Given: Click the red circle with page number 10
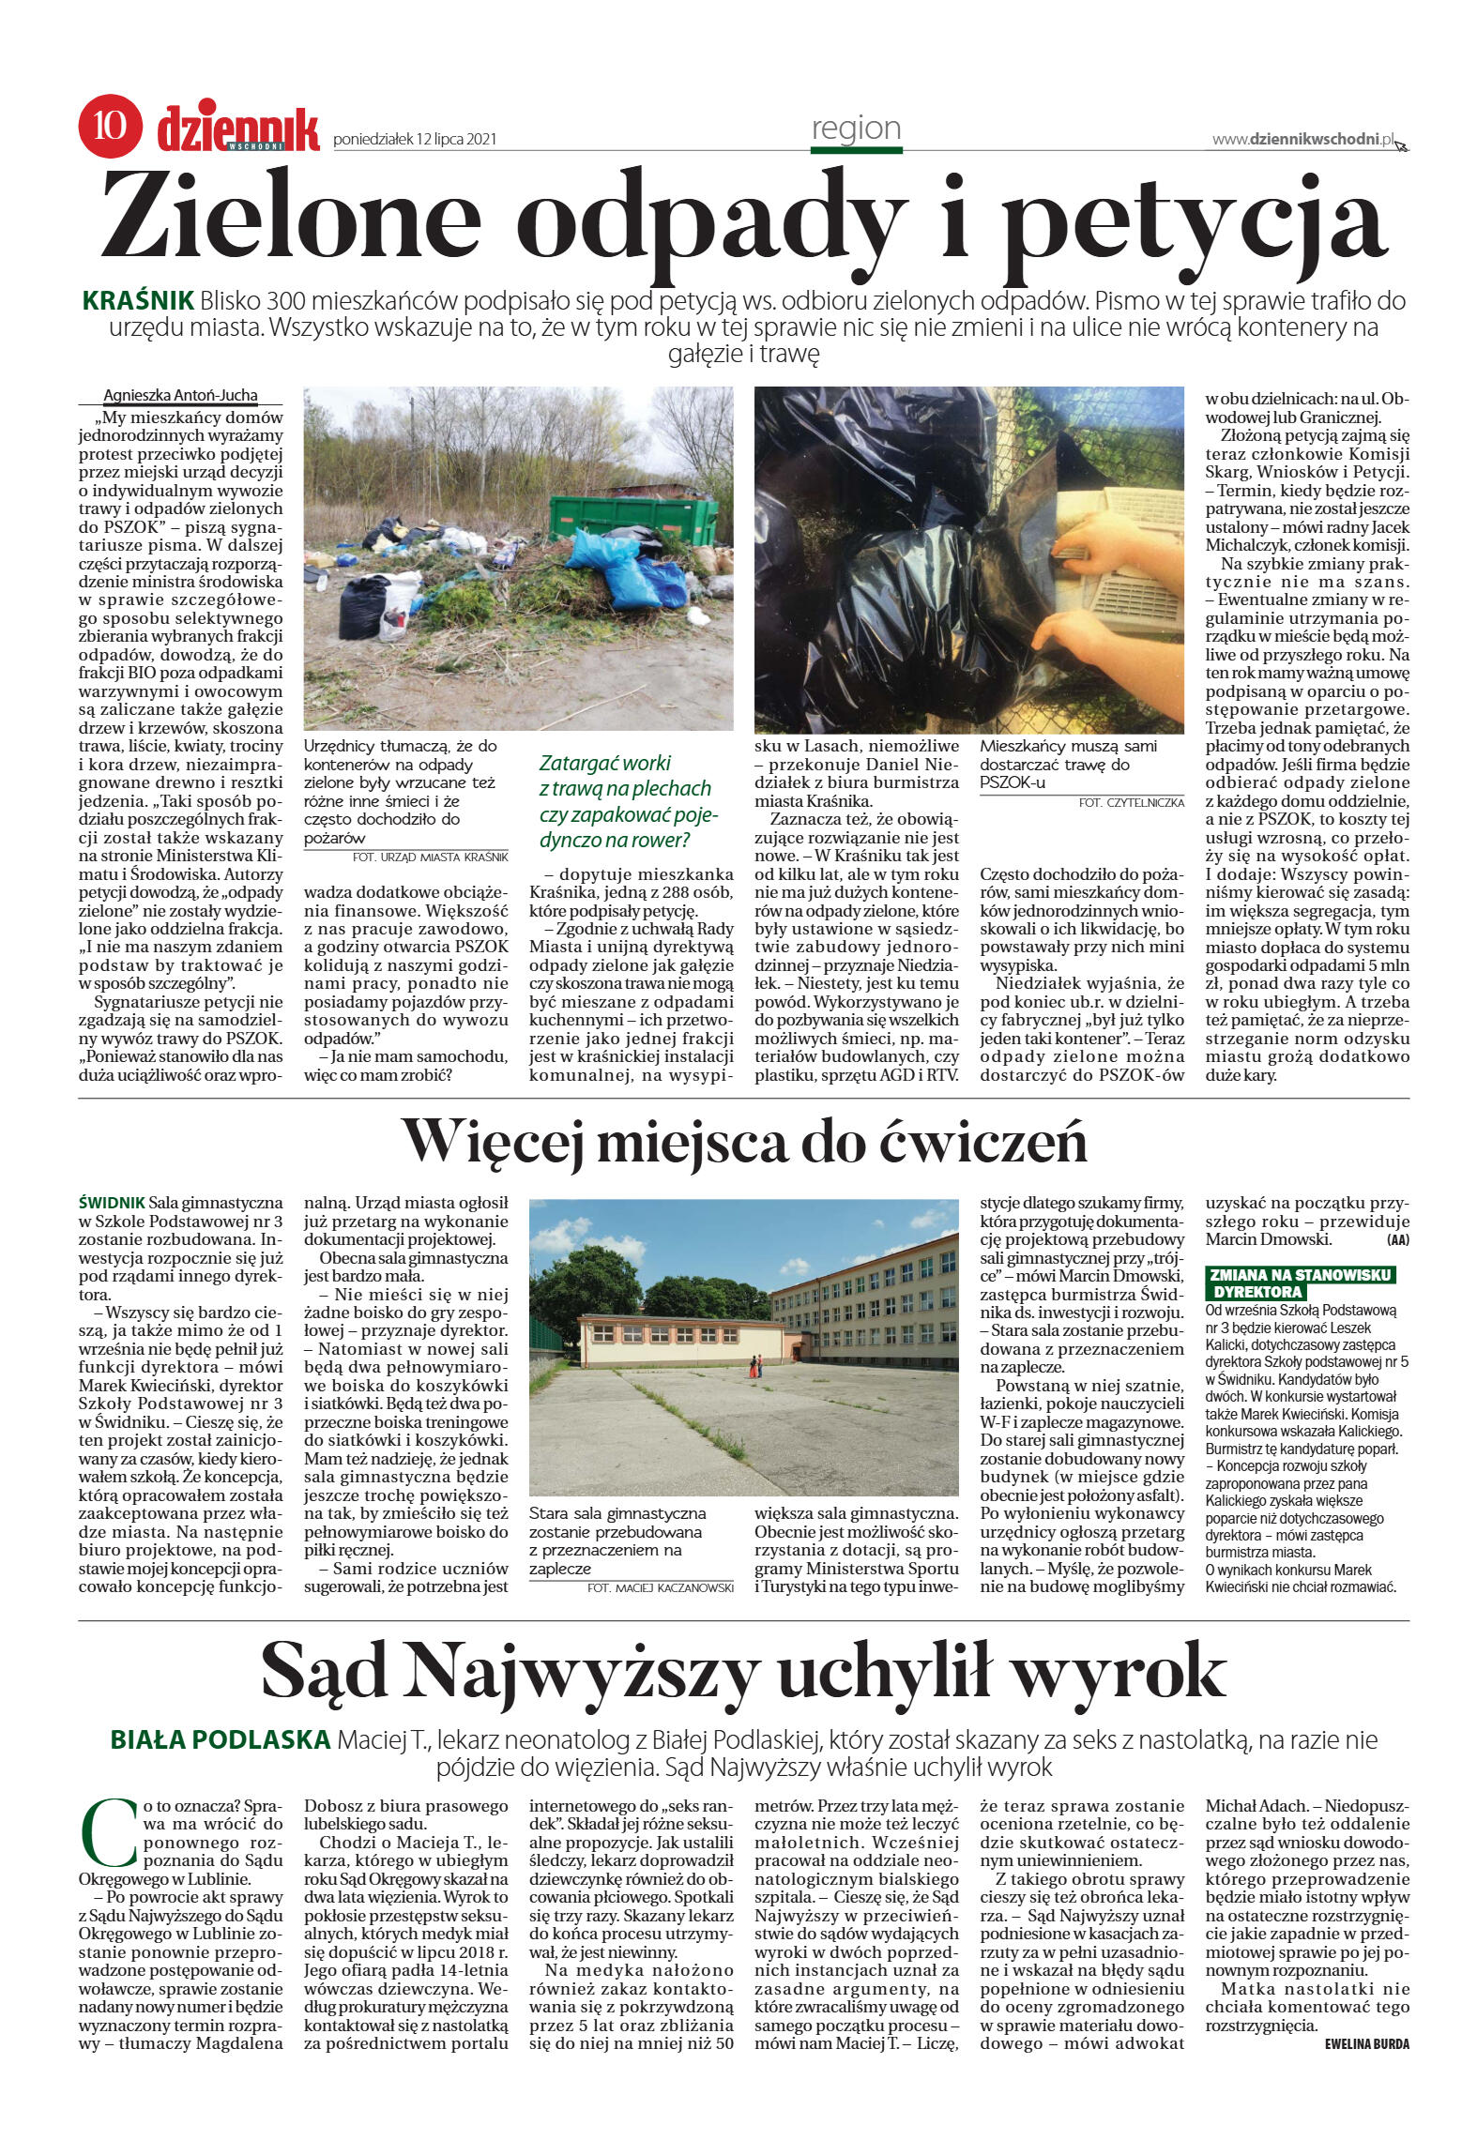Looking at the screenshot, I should click(110, 126).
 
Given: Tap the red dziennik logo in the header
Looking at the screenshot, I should click(238, 129).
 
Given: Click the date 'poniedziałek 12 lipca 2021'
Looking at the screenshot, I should click(415, 140).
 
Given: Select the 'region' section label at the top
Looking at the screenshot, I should click(856, 128).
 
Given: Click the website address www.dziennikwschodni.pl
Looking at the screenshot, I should click(1302, 139).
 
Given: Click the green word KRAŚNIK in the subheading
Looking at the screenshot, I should click(138, 301).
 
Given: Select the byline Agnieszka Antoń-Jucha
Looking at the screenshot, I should click(180, 395).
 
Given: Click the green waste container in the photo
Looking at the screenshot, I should click(632, 520).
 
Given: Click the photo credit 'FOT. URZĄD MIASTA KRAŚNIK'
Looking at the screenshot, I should click(430, 858).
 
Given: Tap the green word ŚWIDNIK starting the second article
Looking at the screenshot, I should click(112, 1203).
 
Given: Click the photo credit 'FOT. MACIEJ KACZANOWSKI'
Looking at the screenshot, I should click(660, 1587).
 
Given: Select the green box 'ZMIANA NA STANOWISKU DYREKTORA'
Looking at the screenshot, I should click(1300, 1282).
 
